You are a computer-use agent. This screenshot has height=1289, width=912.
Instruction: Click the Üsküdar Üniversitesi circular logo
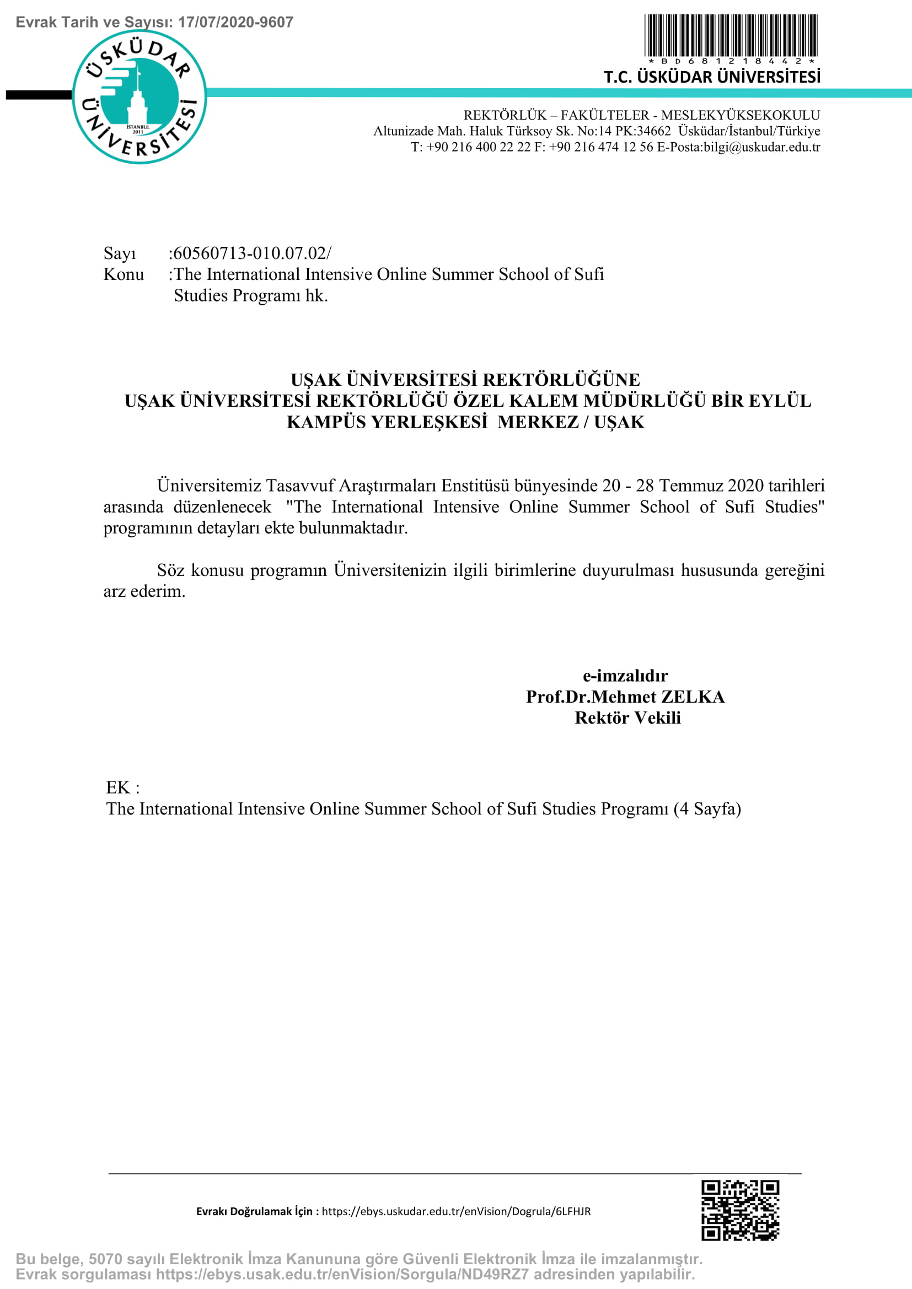tap(140, 96)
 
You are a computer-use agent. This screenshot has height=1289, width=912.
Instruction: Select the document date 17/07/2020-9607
tap(235, 23)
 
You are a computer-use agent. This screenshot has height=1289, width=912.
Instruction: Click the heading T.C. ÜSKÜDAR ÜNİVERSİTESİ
tap(711, 77)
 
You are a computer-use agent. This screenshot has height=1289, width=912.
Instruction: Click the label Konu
tap(124, 274)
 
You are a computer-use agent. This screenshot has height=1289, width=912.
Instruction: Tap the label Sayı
tap(120, 253)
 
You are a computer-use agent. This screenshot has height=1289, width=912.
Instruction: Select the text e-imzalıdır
tap(625, 676)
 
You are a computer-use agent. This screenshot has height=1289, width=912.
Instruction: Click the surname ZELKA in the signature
tap(693, 697)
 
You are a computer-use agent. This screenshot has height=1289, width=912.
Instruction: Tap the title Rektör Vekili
tap(627, 718)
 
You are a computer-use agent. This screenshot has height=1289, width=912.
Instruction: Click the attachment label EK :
tap(122, 788)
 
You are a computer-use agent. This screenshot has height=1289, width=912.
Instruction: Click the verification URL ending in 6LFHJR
tap(456, 1211)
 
